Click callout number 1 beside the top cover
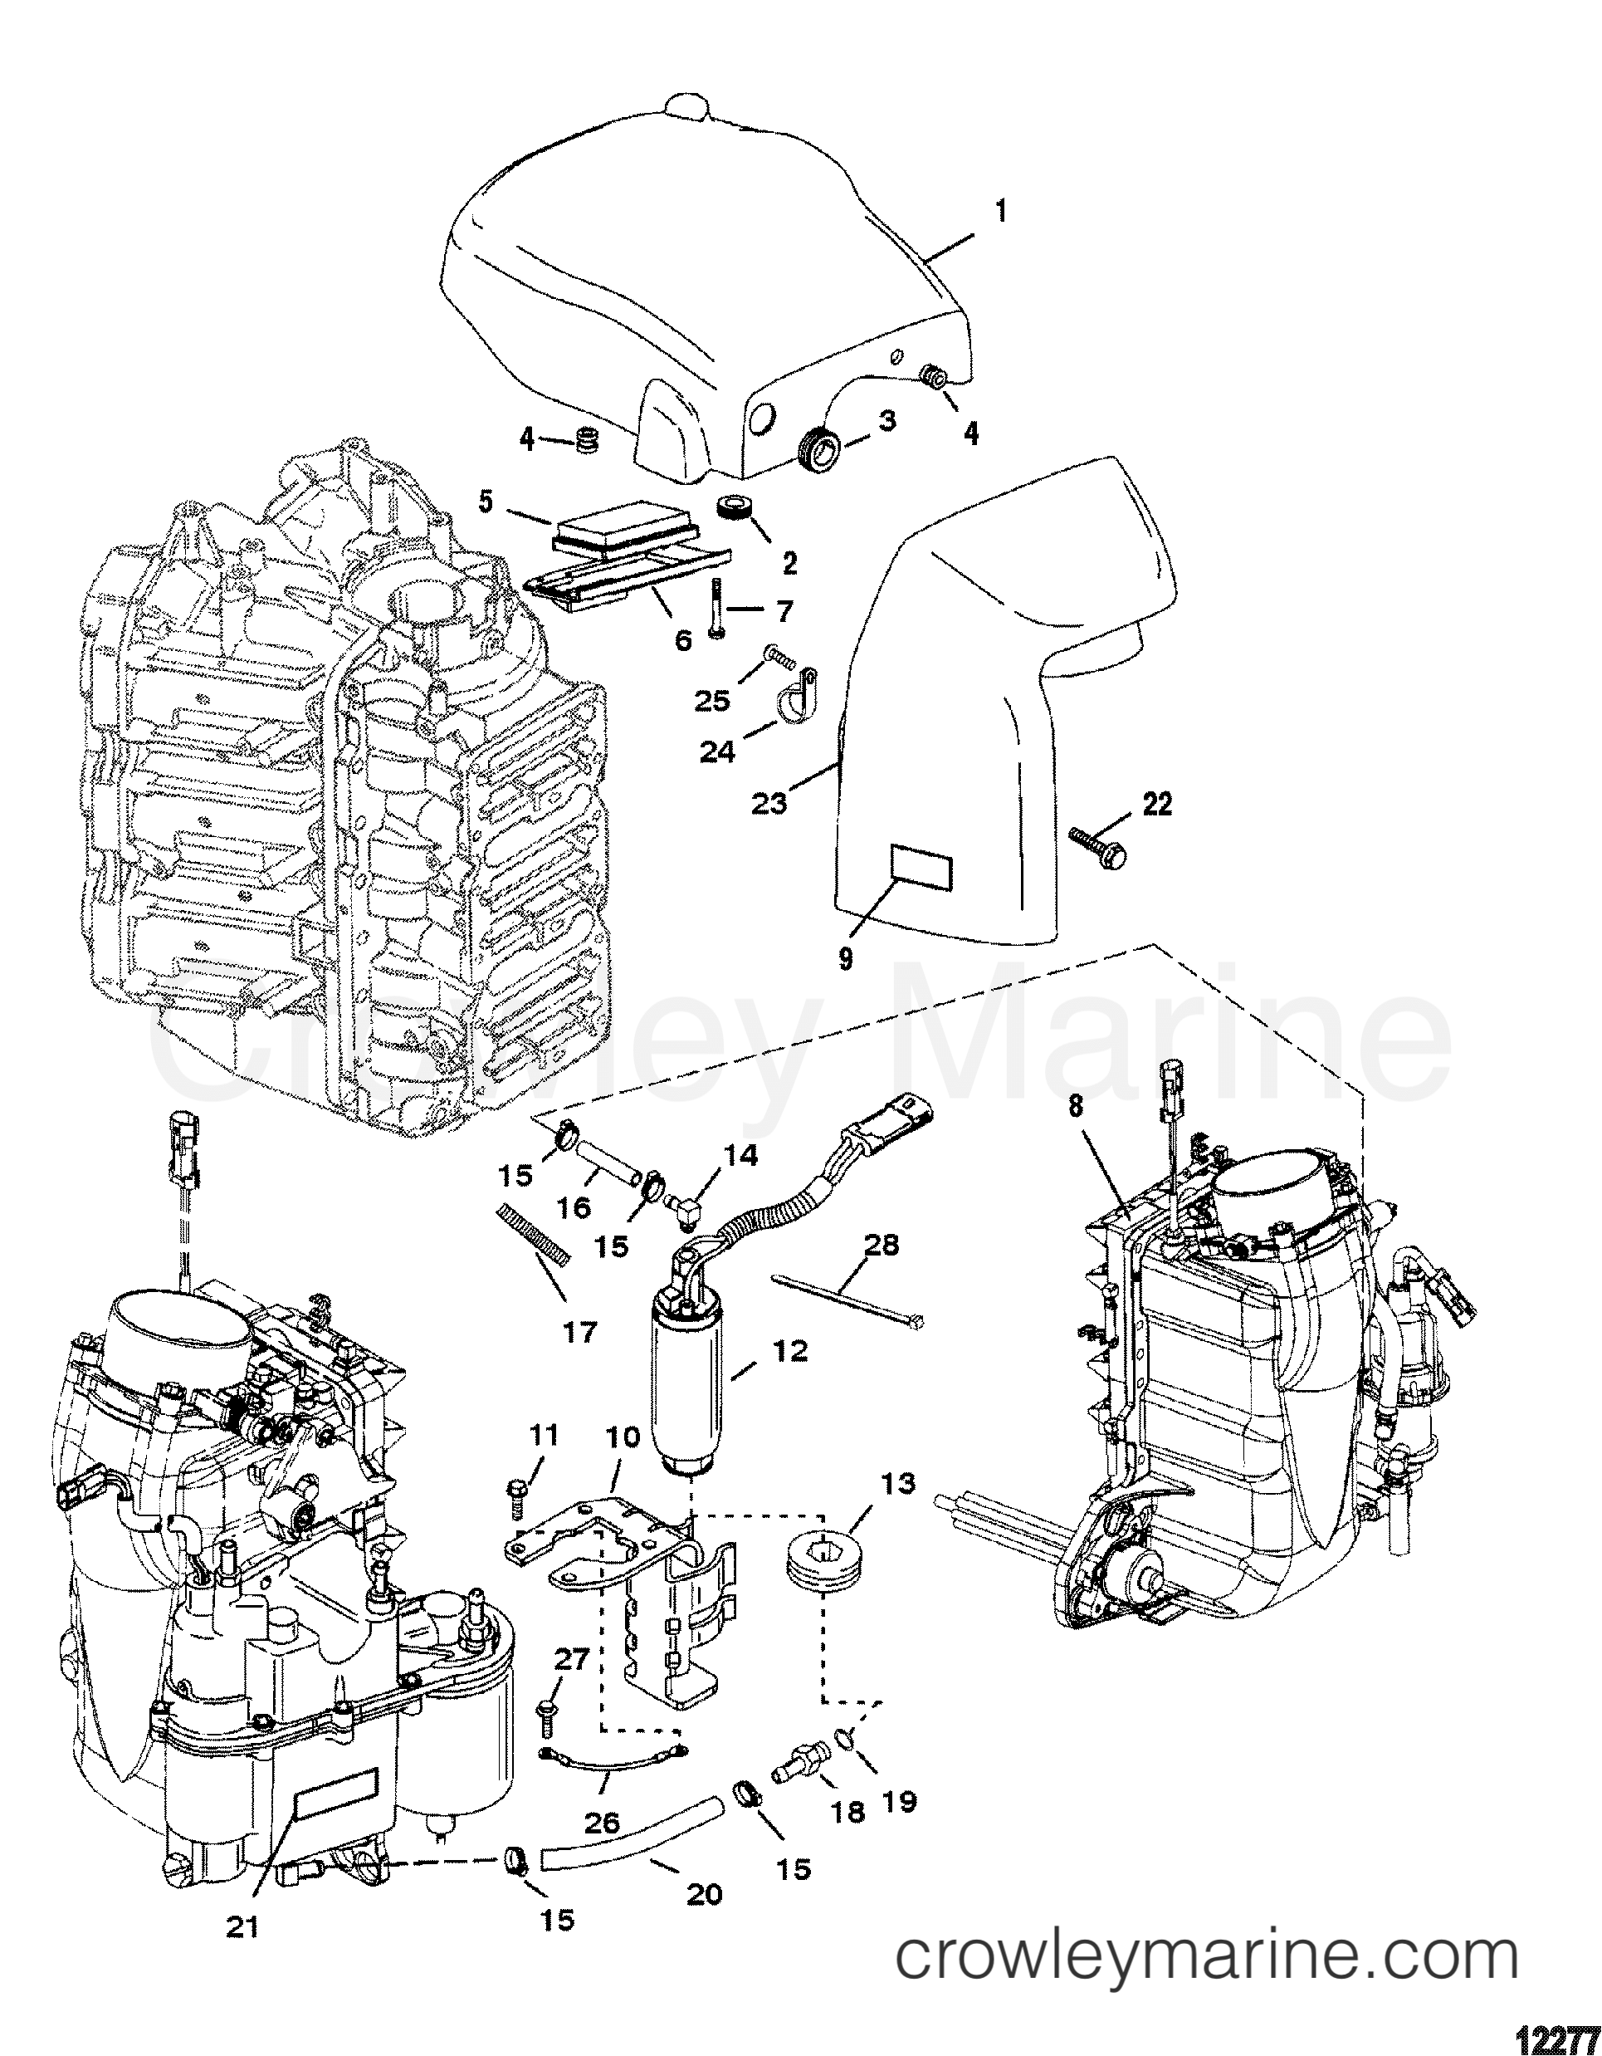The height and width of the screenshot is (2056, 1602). [1000, 213]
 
